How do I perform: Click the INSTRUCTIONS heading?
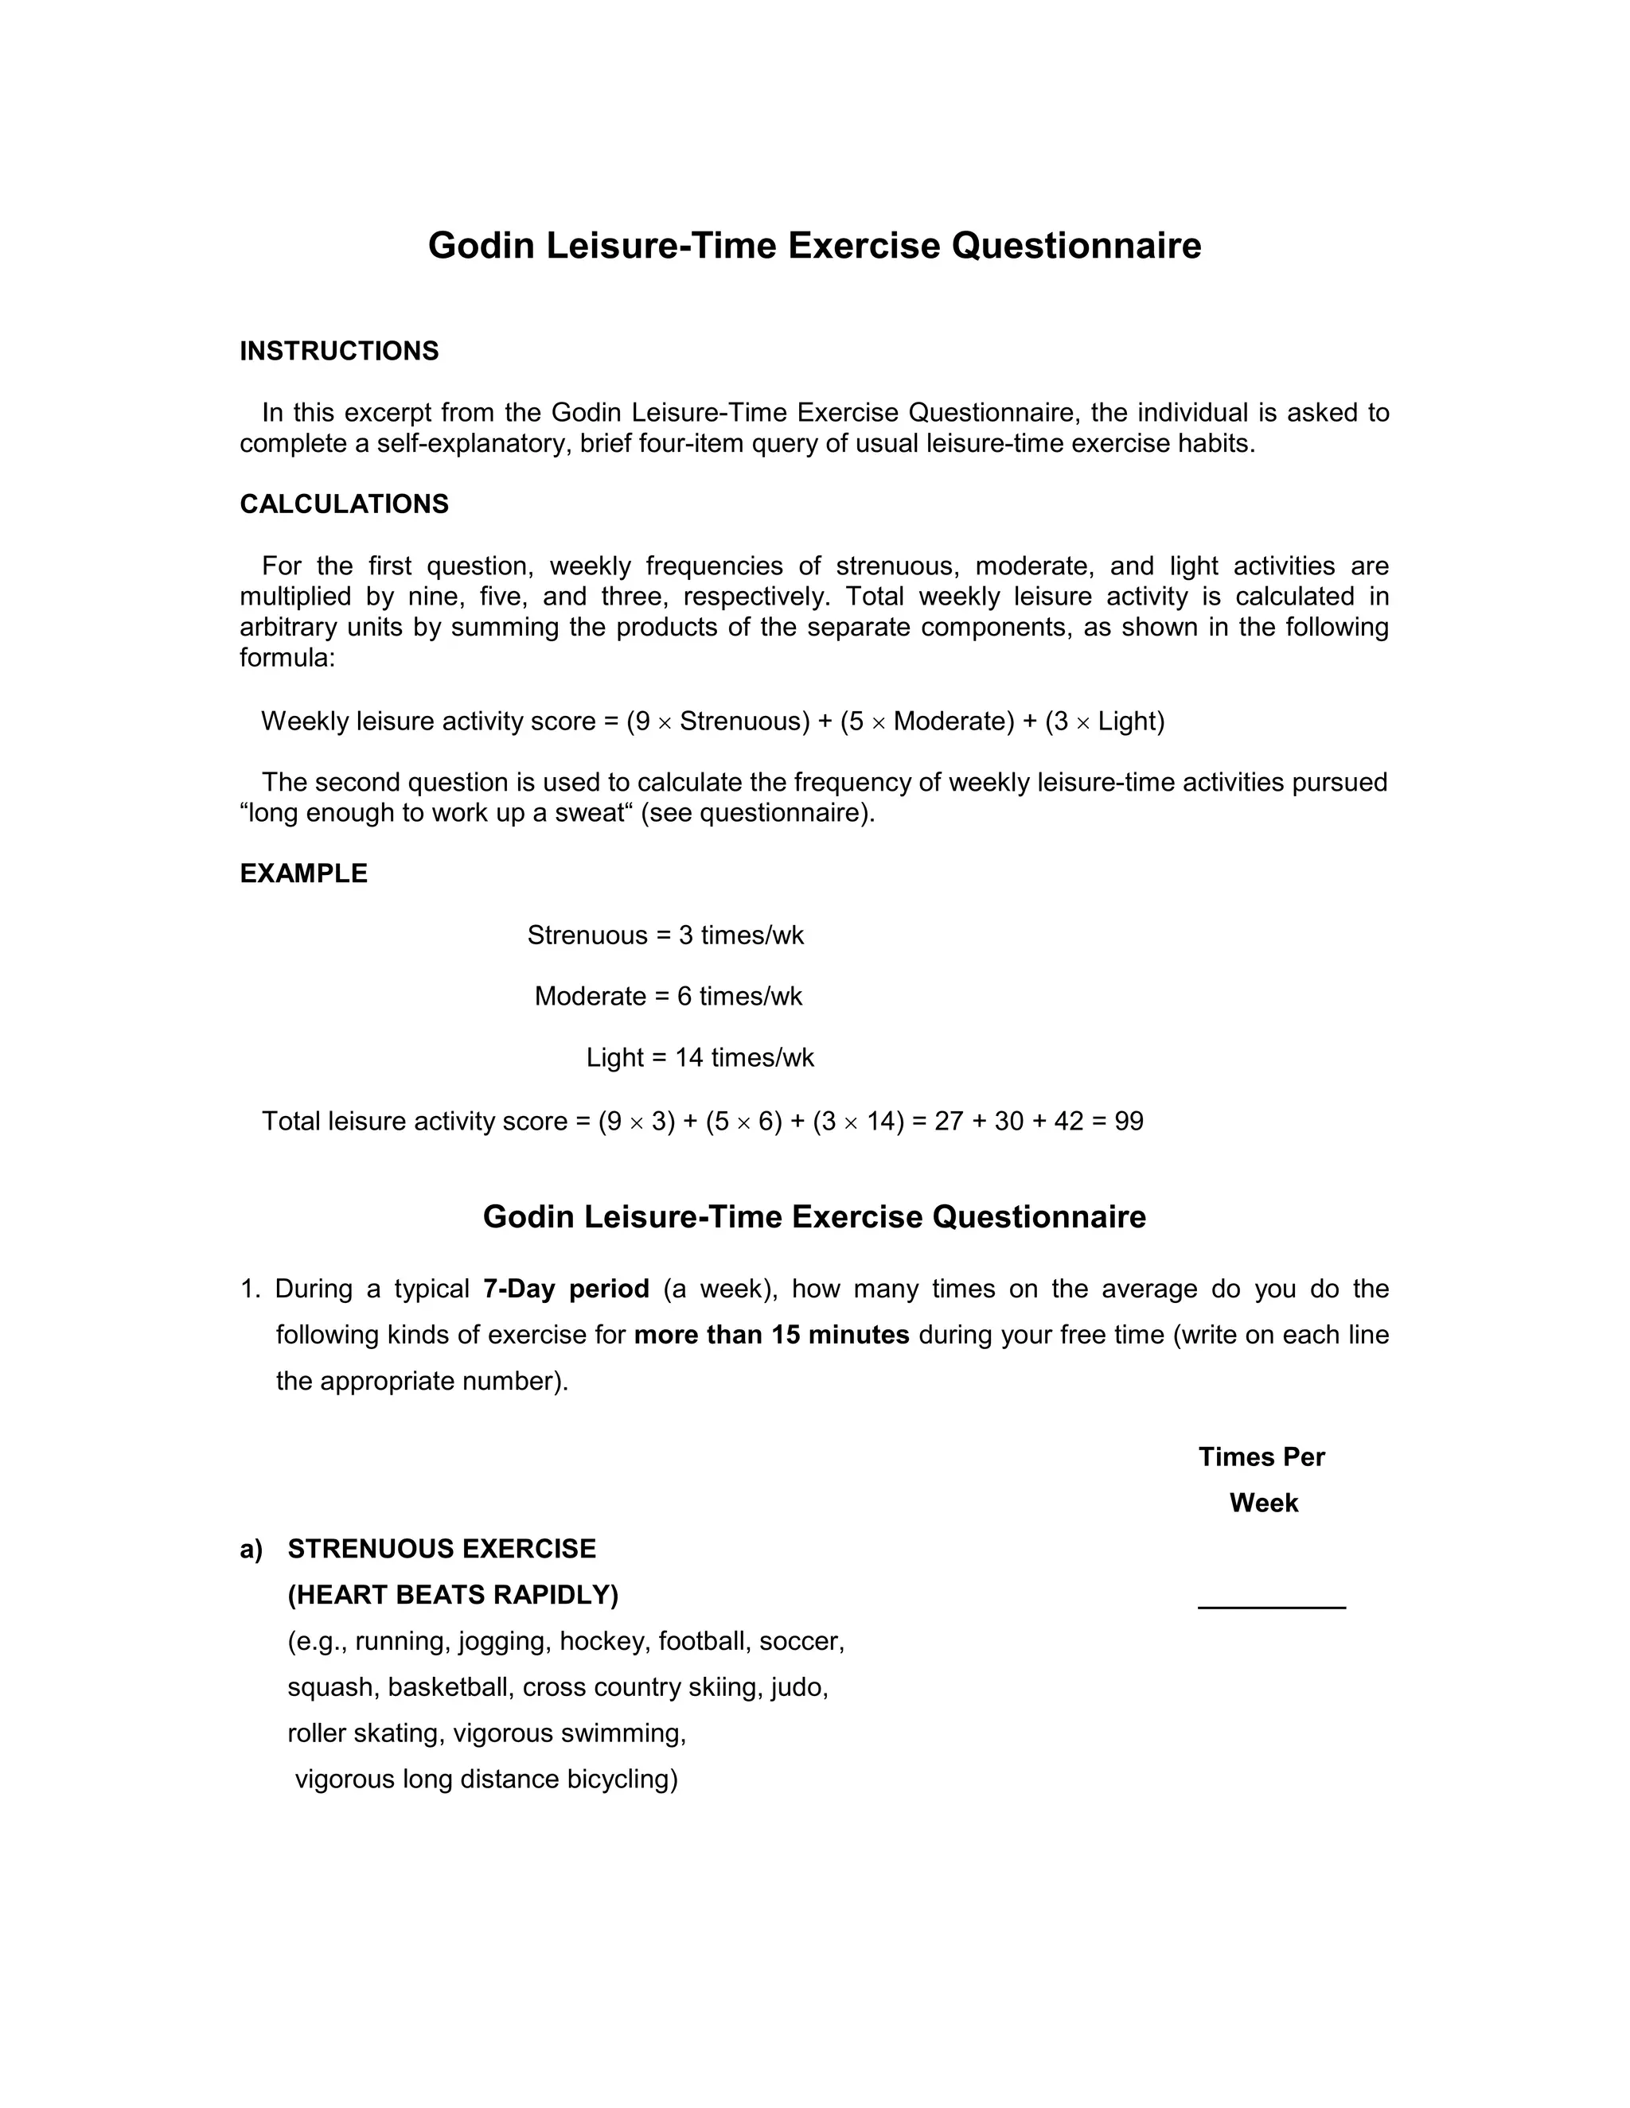pyautogui.click(x=339, y=352)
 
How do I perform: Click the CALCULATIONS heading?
pyautogui.click(x=344, y=505)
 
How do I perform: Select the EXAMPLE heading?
pyautogui.click(x=303, y=873)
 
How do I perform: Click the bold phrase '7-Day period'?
pyautogui.click(x=566, y=1289)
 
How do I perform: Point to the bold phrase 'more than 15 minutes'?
pyautogui.click(x=771, y=1336)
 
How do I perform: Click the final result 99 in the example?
pyautogui.click(x=1129, y=1122)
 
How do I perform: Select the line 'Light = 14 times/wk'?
pyautogui.click(x=700, y=1059)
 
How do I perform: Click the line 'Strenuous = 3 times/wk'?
pyautogui.click(x=665, y=936)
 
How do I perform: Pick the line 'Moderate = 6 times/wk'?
pyautogui.click(x=669, y=997)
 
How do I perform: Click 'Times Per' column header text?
pyautogui.click(x=1261, y=1457)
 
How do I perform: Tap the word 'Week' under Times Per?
pyautogui.click(x=1263, y=1503)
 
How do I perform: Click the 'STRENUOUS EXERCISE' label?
pyautogui.click(x=441, y=1549)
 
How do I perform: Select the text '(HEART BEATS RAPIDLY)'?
pyautogui.click(x=453, y=1596)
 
